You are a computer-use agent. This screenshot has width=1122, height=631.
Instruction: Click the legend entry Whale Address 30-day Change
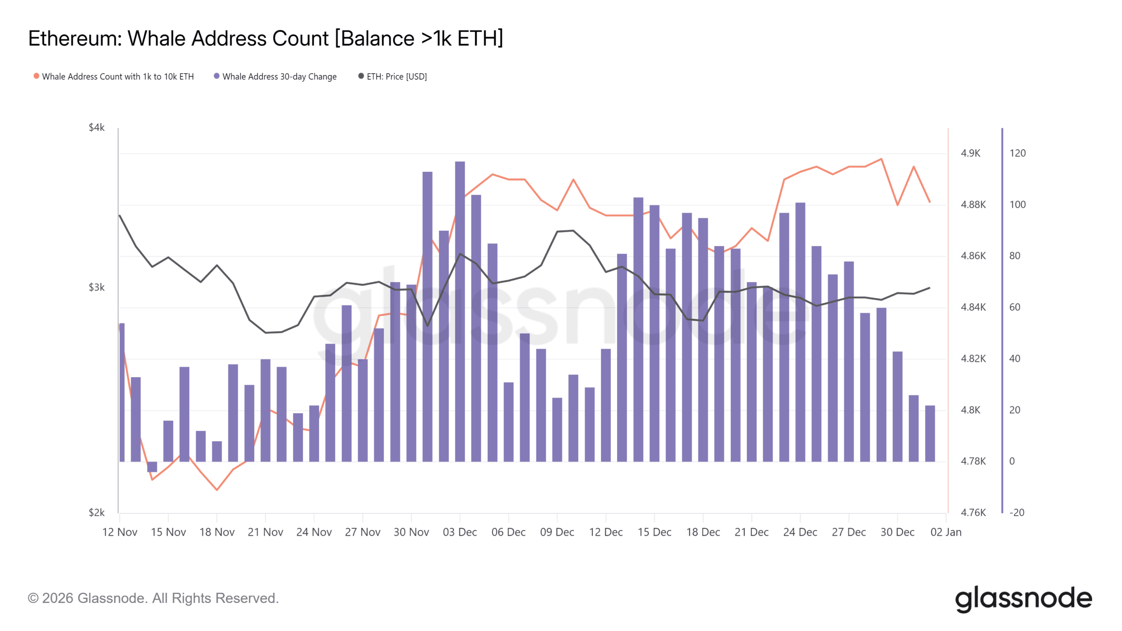[x=279, y=77]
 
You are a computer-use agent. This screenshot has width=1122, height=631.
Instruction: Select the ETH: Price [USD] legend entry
[x=396, y=77]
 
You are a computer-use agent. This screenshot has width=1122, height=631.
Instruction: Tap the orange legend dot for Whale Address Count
[x=36, y=76]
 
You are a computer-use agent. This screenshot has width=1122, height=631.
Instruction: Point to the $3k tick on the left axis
[x=96, y=287]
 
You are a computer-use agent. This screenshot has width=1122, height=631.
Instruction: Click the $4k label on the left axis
[x=96, y=128]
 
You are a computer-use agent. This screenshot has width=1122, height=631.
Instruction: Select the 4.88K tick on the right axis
[x=973, y=205]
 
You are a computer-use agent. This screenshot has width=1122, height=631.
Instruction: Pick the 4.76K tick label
[x=973, y=513]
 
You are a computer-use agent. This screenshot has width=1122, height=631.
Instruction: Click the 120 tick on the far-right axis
[x=1017, y=153]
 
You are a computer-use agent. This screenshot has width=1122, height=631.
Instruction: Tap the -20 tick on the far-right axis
[x=1016, y=513]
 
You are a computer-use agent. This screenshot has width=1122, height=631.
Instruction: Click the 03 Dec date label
[x=460, y=532]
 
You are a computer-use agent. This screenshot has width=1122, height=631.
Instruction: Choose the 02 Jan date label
[x=946, y=532]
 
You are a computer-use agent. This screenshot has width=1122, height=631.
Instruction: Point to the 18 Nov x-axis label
[x=217, y=532]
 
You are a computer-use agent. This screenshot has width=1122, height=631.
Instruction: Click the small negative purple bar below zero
[x=152, y=467]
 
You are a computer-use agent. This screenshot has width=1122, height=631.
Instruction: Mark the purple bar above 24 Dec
[x=800, y=333]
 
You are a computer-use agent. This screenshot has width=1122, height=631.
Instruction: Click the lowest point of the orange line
[x=217, y=490]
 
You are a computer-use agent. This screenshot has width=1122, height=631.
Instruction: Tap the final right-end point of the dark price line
[x=930, y=288]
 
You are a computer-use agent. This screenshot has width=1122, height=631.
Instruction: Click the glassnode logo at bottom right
[x=1023, y=599]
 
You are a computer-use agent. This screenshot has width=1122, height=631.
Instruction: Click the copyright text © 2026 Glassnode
[x=153, y=599]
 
